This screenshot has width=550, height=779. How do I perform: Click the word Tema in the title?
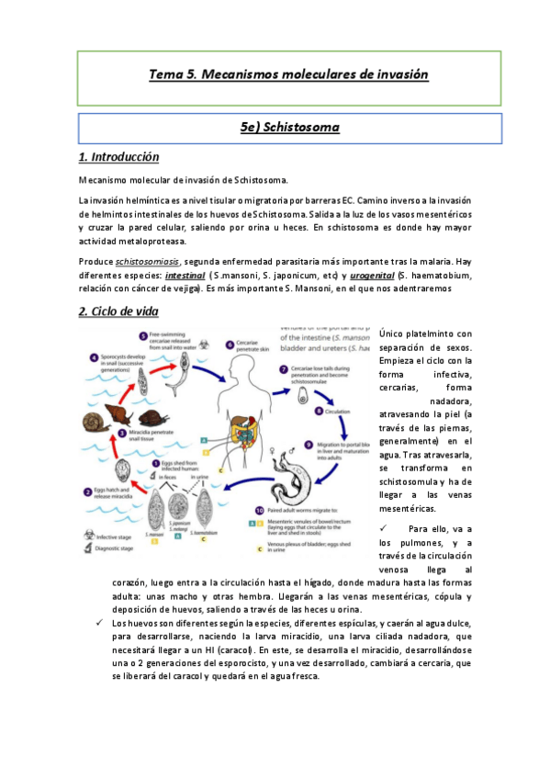tap(166, 73)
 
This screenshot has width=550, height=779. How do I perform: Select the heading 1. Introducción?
tap(119, 157)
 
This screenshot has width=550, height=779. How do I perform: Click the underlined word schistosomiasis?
tap(148, 262)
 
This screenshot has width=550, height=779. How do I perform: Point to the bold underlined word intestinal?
tap(185, 275)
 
